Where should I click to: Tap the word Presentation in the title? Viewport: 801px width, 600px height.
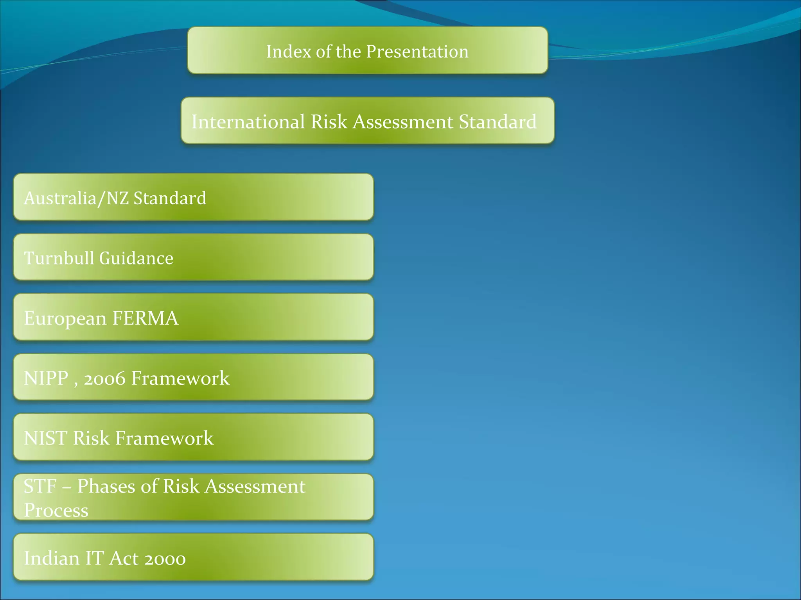pos(417,52)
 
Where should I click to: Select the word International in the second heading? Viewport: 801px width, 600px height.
pos(248,121)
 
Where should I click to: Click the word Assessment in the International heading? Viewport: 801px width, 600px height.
pos(403,121)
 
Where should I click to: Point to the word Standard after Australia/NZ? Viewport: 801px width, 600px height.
pos(170,198)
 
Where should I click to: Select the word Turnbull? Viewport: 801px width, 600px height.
pos(59,258)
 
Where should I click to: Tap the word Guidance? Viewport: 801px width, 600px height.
pos(136,258)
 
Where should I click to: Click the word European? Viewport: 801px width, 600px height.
pos(65,318)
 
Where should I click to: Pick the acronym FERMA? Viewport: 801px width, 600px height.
pos(145,318)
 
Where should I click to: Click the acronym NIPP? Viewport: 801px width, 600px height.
pos(46,378)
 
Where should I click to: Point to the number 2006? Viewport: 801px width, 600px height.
pos(104,378)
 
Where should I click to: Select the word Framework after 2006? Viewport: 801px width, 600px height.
pos(180,378)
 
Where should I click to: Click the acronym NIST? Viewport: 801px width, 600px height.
pos(45,438)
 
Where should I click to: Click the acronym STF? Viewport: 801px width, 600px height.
pos(40,487)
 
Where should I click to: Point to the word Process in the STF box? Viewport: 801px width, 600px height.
pos(56,511)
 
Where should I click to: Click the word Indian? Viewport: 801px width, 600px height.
pos(52,558)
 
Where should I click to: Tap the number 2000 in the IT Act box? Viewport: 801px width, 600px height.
pos(165,558)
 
